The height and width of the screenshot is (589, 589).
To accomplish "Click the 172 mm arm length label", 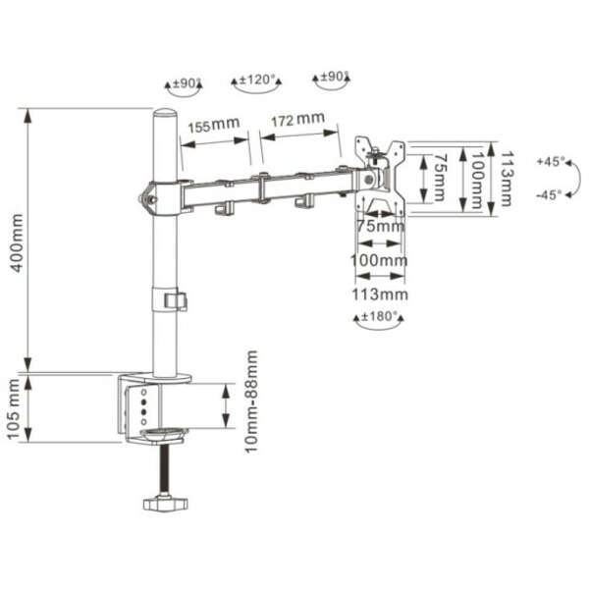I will (x=296, y=121).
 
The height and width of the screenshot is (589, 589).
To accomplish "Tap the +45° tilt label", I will (x=550, y=160).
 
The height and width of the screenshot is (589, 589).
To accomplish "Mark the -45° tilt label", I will (x=550, y=194).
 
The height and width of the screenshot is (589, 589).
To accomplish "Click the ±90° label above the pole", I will (x=187, y=84).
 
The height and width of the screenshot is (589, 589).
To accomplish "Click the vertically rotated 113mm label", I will (x=508, y=177).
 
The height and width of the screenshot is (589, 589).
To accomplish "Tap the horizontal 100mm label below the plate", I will (x=379, y=260).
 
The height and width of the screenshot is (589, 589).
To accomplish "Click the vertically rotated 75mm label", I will (x=442, y=177).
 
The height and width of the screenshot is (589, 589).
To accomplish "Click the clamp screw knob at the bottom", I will (x=164, y=505).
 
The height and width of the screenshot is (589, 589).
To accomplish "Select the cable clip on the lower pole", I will (x=176, y=299).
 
